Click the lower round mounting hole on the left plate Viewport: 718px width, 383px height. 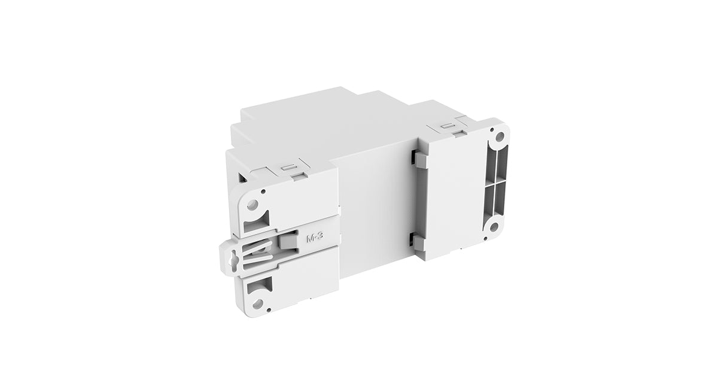click(x=257, y=304)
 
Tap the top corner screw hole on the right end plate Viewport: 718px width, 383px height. click(x=498, y=136)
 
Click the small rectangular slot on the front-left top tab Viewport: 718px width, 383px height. click(x=288, y=168)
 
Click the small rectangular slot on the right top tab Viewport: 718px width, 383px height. click(x=446, y=127)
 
